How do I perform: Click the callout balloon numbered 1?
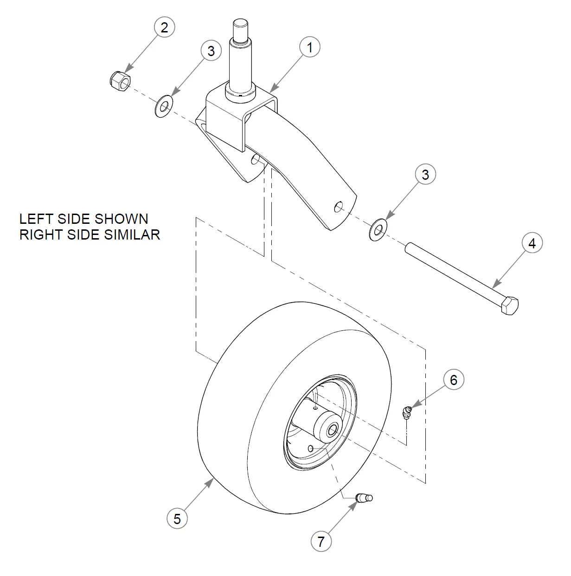click(309, 47)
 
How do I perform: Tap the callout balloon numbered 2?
click(164, 27)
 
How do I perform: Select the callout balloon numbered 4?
click(532, 243)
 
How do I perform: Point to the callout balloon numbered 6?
click(453, 380)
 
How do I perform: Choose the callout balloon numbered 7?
click(321, 541)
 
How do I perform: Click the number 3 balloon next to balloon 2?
click(211, 51)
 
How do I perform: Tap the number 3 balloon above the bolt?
click(425, 174)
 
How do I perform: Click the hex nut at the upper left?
click(120, 81)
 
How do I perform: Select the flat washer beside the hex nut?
click(164, 107)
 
